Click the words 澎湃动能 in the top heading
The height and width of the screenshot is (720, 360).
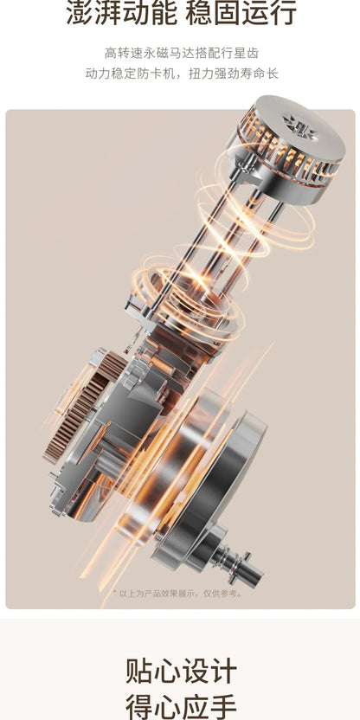122,13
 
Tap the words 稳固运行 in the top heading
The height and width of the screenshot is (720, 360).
241,13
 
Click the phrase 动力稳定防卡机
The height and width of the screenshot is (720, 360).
130,74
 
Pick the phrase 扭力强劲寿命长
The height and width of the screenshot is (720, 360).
234,74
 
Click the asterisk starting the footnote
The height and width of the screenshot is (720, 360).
115,593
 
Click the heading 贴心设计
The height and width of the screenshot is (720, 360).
181,672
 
